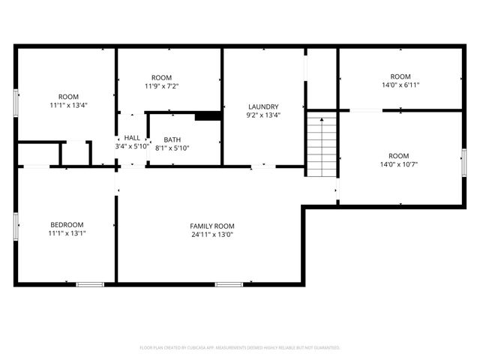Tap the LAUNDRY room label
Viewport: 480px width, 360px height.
pyautogui.click(x=263, y=106)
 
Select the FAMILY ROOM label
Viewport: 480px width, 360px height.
pyautogui.click(x=212, y=226)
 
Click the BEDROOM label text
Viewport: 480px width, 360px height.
pyautogui.click(x=67, y=224)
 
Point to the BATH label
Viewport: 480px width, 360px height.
pyautogui.click(x=172, y=139)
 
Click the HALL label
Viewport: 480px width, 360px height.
pyautogui.click(x=132, y=138)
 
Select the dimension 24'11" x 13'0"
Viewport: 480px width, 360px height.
pyautogui.click(x=212, y=234)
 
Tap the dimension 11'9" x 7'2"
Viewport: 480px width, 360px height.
pyautogui.click(x=161, y=86)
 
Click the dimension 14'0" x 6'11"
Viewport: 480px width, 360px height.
pyautogui.click(x=400, y=85)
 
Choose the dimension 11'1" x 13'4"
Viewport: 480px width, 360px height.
pyautogui.click(x=69, y=105)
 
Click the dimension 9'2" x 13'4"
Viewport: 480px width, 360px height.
pyautogui.click(x=263, y=115)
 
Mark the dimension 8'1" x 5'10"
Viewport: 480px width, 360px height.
pyautogui.click(x=172, y=148)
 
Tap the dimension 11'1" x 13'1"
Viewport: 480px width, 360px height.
pyautogui.click(x=67, y=233)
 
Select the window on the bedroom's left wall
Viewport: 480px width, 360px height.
pyautogui.click(x=16, y=225)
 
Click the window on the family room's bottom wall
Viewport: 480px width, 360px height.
pyautogui.click(x=228, y=283)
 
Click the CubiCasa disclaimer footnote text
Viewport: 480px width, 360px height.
pyautogui.click(x=240, y=347)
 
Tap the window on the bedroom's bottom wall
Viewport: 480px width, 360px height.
pyautogui.click(x=90, y=283)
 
